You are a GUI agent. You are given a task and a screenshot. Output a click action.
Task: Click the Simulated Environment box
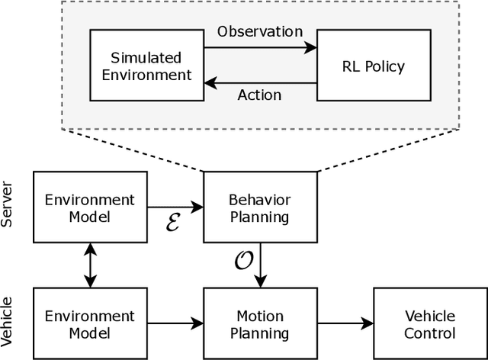pyautogui.click(x=141, y=66)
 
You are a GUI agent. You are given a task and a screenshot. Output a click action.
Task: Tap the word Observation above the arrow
pyautogui.click(x=260, y=32)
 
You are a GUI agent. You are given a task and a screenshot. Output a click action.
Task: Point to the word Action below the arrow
pyautogui.click(x=260, y=95)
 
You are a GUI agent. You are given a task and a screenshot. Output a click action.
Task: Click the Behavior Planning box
pyautogui.click(x=260, y=208)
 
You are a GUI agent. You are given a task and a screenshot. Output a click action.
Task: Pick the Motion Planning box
pyautogui.click(x=260, y=324)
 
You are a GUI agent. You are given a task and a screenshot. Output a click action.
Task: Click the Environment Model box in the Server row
pyautogui.click(x=90, y=208)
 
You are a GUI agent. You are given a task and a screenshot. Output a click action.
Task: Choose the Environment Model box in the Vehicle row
pyautogui.click(x=90, y=324)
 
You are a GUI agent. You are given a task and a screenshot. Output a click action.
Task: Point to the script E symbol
pyautogui.click(x=173, y=224)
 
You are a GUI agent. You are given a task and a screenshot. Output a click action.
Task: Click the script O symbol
pyautogui.click(x=243, y=261)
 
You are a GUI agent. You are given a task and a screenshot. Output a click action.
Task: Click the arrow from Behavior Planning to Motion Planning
pyautogui.click(x=261, y=266)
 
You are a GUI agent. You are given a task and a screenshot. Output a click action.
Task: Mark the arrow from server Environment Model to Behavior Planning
pyautogui.click(x=175, y=207)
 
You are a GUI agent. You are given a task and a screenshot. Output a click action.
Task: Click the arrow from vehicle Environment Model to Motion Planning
pyautogui.click(x=175, y=324)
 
